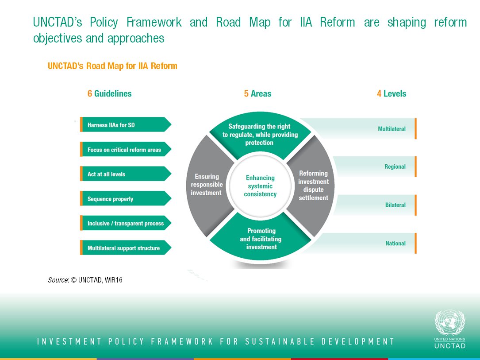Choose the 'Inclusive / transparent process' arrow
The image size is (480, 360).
[x=125, y=224]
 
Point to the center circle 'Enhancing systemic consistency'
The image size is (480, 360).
[x=260, y=186]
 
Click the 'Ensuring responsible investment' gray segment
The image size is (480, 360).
[x=207, y=185]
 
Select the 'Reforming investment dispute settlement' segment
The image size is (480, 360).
[x=313, y=186]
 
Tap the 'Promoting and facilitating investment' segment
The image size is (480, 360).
[x=261, y=239]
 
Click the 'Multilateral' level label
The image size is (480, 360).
[x=392, y=129]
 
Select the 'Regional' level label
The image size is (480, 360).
[x=395, y=167]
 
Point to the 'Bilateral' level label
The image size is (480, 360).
[x=395, y=205]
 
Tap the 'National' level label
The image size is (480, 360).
[x=395, y=243]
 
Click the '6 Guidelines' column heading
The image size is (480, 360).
[x=109, y=93]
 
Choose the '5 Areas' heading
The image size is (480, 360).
[x=257, y=93]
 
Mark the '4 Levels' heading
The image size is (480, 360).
[x=391, y=93]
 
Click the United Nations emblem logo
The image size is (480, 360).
[x=450, y=322]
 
